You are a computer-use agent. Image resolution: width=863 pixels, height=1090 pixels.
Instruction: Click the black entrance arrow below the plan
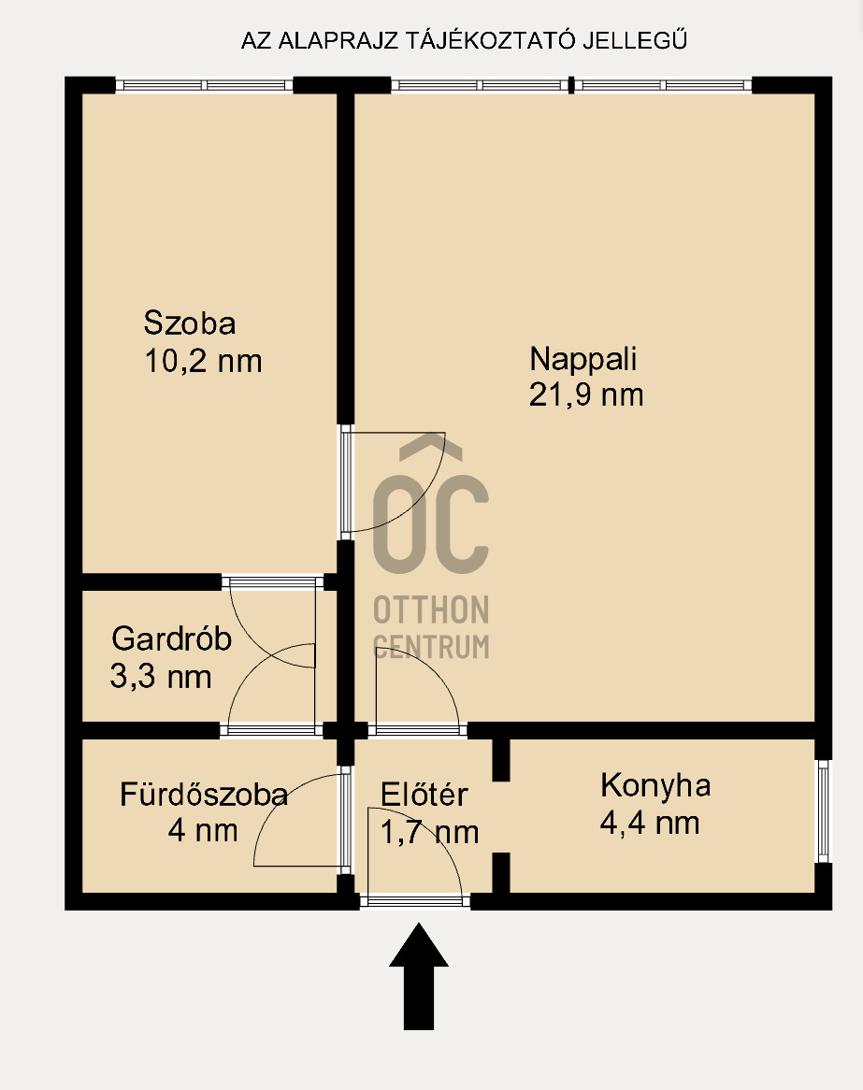coord(419,976)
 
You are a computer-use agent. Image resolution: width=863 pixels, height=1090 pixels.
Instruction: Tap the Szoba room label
coord(190,323)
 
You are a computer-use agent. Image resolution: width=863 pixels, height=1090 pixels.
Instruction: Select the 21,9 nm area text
coord(586,394)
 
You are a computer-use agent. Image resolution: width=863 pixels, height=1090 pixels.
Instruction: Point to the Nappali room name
coord(583,359)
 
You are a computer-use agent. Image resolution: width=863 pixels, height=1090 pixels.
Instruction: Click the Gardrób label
coord(171,638)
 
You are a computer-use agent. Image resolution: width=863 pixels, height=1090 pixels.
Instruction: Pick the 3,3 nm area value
coord(161,677)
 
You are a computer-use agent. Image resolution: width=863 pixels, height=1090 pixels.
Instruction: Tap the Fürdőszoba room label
coord(204,795)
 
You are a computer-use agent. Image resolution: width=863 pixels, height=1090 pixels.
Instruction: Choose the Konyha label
coord(655,786)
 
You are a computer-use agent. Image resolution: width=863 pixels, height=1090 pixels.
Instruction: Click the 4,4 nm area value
coord(650,823)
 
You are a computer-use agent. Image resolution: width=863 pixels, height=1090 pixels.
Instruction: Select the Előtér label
coord(424,795)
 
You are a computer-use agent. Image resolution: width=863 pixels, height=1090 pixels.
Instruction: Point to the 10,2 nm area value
coord(203,362)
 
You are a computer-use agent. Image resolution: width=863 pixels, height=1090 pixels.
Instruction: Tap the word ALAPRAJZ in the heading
coord(338,41)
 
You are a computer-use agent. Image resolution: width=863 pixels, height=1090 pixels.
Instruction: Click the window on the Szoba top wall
coord(204,85)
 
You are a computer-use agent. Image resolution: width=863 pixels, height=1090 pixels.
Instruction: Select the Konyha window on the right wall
coord(824,811)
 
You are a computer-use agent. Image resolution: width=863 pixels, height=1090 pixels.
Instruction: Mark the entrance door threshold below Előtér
coord(415,901)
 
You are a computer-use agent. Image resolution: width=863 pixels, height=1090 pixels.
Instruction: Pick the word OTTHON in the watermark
coord(431,610)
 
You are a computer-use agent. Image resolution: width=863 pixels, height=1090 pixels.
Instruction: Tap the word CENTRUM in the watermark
coord(431,647)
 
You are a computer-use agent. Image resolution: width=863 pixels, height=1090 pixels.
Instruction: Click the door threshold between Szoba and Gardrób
coord(273,582)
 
